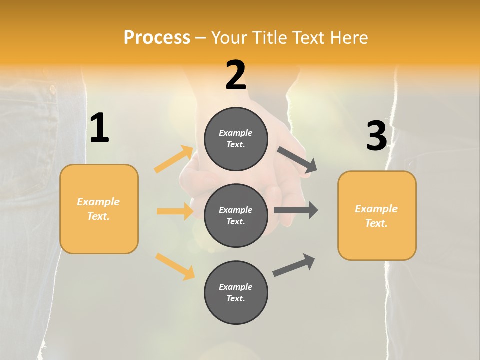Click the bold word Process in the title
157,37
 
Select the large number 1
99,128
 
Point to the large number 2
236,75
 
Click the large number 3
376,136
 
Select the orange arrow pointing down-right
175,266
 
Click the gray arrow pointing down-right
297,160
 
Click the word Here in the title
349,37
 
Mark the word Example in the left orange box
98,202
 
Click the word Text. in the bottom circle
235,298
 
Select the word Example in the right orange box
376,209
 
